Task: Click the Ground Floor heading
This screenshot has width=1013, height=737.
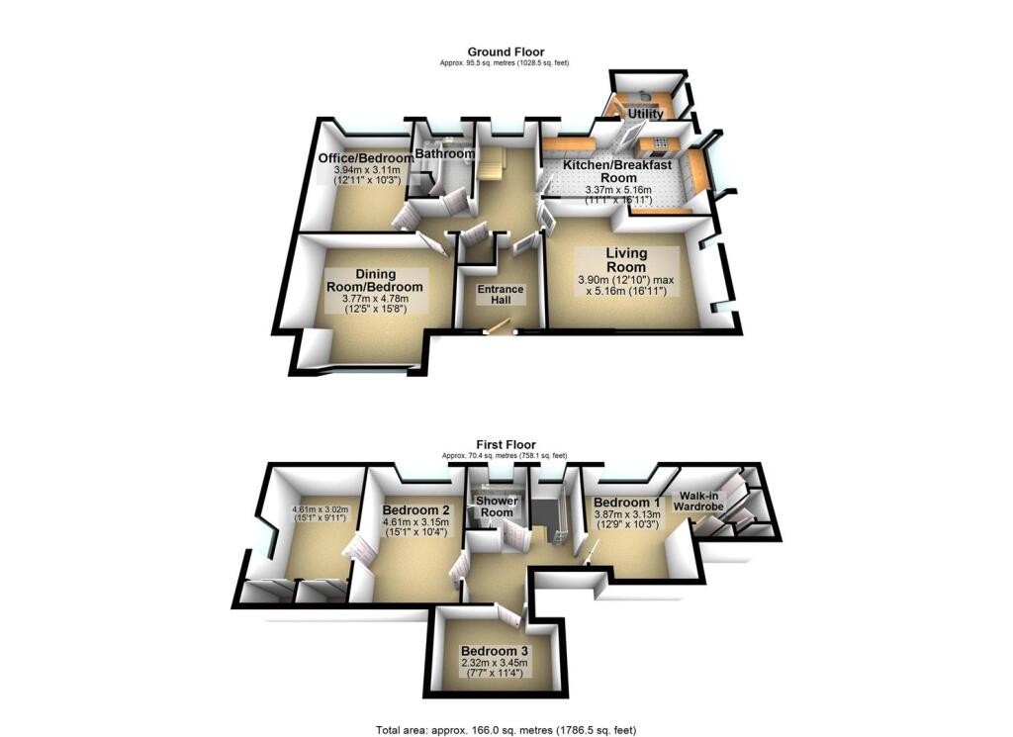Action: click(506, 51)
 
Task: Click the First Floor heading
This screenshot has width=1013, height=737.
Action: click(505, 445)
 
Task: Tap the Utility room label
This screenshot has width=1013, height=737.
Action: click(644, 115)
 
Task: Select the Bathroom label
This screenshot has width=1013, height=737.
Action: click(444, 154)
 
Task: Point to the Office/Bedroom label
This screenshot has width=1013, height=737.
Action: click(365, 158)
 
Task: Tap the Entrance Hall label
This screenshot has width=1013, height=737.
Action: click(500, 296)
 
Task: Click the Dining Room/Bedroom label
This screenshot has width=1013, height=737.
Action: click(375, 280)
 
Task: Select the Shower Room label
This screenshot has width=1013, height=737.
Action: click(496, 507)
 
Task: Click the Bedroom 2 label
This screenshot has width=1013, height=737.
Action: click(415, 510)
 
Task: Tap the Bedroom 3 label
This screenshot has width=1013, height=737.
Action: click(495, 650)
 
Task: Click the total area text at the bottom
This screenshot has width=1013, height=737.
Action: click(506, 730)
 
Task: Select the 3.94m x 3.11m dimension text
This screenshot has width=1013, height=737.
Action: click(366, 170)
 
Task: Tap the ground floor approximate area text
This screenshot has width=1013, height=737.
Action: click(506, 62)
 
